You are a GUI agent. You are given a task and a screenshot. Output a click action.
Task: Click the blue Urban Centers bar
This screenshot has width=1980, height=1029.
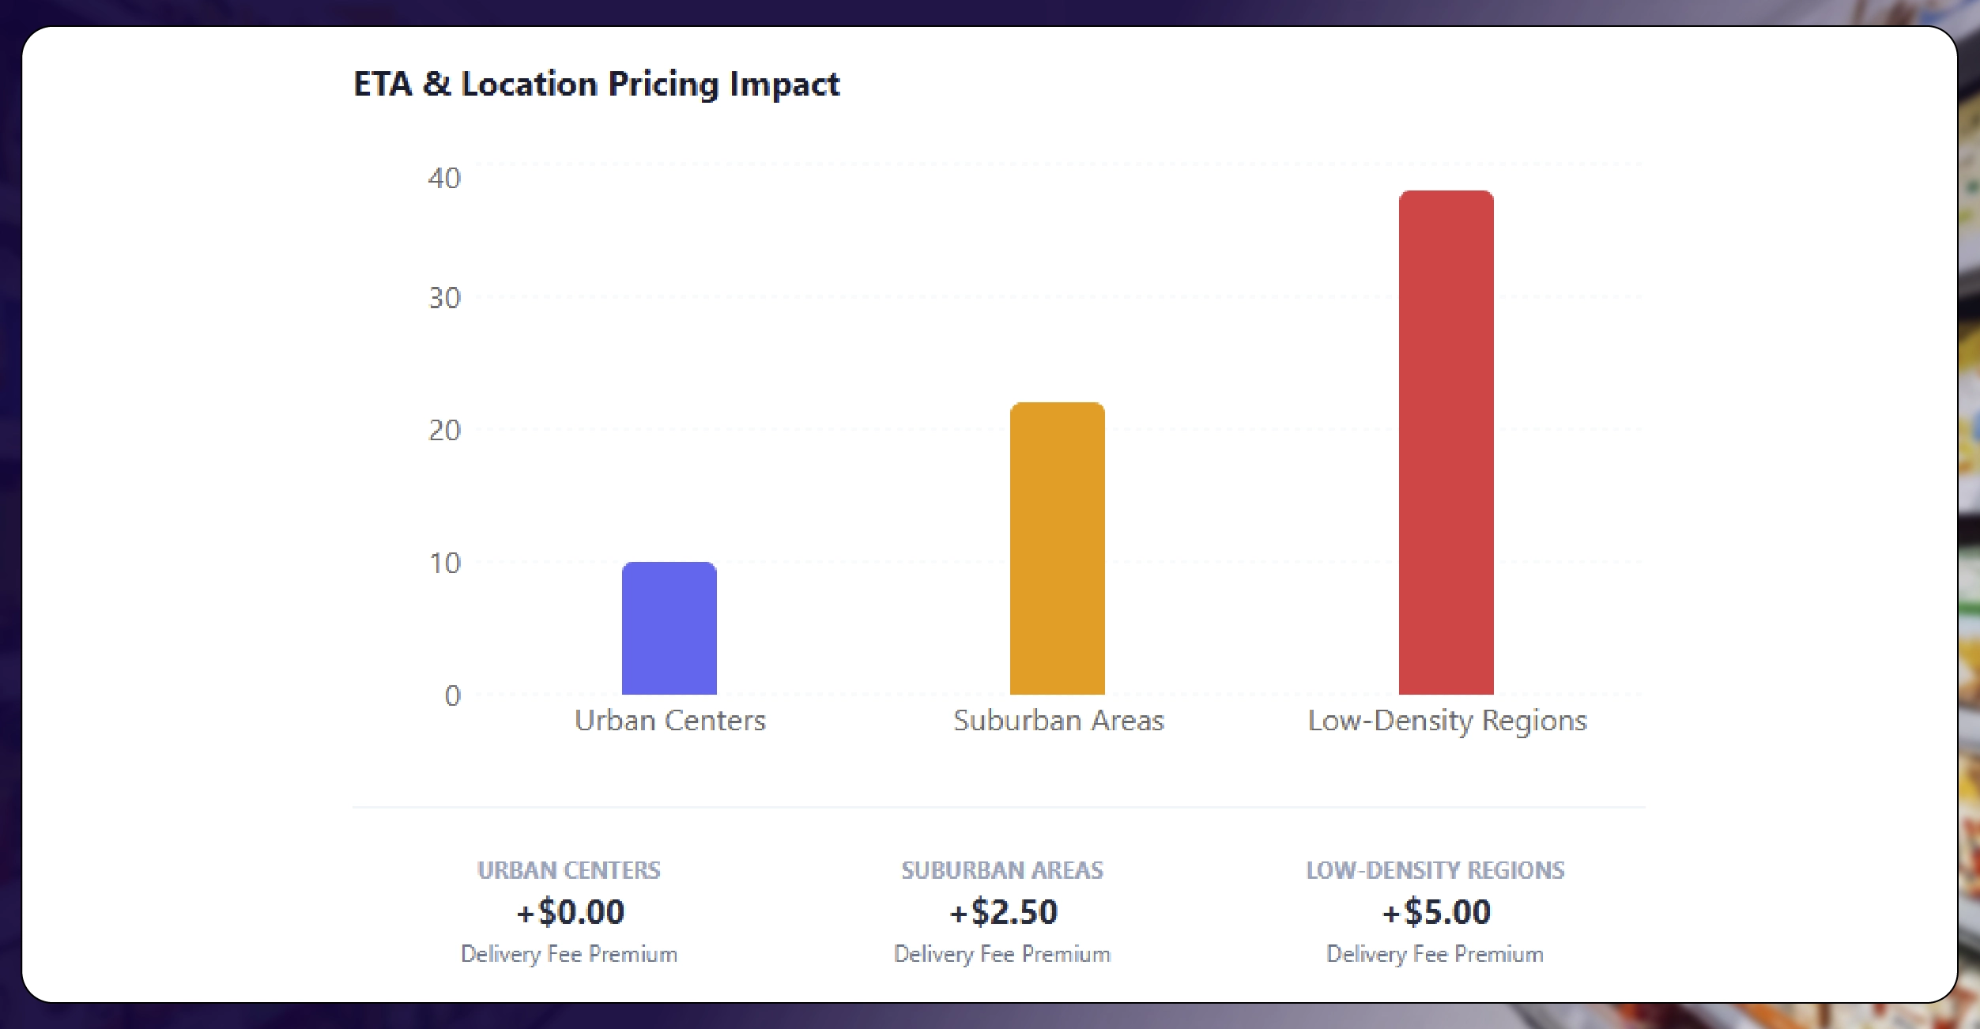click(669, 628)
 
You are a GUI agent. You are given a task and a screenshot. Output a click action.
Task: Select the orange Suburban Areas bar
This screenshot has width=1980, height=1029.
click(1057, 548)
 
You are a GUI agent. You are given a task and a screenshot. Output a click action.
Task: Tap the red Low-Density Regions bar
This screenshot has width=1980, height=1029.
click(1446, 443)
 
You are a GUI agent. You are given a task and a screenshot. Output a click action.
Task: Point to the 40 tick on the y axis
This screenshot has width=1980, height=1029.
click(444, 179)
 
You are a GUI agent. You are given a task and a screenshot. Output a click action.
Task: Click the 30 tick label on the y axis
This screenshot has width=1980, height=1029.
click(444, 298)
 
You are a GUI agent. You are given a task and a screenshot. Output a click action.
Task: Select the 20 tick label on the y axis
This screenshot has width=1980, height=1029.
click(444, 431)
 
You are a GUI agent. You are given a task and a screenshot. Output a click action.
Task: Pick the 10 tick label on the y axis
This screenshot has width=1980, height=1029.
click(444, 563)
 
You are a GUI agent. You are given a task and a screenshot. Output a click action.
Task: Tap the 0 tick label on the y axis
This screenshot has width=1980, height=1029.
click(452, 695)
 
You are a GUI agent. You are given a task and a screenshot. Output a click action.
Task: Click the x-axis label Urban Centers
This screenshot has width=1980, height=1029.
click(669, 721)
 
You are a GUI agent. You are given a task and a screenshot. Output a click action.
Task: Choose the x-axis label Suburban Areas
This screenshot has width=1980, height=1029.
click(1058, 721)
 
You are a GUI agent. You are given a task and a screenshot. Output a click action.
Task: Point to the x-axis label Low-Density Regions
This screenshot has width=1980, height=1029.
click(1446, 721)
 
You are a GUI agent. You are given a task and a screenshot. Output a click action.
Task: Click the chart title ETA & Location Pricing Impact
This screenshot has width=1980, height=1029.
click(596, 84)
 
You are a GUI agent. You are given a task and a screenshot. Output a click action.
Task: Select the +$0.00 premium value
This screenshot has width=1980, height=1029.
click(570, 912)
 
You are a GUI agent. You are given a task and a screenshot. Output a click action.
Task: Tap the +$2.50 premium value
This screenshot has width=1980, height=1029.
click(1002, 912)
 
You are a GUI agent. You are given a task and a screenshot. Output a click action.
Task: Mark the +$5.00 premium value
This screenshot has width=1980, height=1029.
click(1435, 912)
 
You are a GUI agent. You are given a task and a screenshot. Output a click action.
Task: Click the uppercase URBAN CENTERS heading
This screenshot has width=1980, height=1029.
click(569, 870)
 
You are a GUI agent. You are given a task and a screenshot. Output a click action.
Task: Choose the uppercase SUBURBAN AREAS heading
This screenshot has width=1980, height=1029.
click(1002, 870)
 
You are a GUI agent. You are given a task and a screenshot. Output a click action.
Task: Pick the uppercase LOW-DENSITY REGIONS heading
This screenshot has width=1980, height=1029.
click(1435, 870)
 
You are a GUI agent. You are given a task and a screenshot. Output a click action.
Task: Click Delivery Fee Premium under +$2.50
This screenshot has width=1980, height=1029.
click(1002, 955)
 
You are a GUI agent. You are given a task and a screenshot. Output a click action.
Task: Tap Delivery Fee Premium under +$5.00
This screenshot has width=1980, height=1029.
click(1435, 955)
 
